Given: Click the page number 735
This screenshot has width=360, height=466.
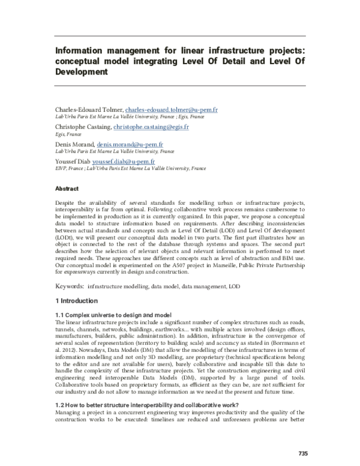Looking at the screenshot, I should pos(301,453).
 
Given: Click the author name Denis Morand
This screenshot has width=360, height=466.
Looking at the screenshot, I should pos(72,145).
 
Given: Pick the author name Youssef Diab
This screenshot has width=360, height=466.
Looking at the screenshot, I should pos(71,162).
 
